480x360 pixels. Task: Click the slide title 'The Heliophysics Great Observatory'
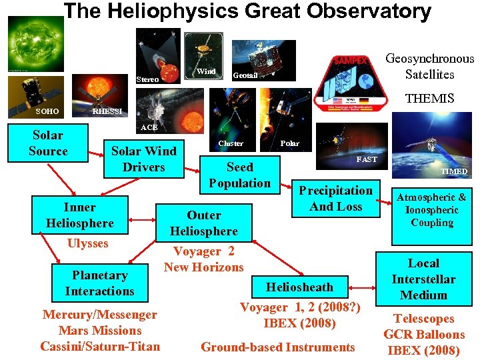(247, 11)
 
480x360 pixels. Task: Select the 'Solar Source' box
(48, 143)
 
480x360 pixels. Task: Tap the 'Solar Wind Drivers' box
(143, 159)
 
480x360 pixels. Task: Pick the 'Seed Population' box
(239, 175)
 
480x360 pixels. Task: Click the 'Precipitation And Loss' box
(335, 199)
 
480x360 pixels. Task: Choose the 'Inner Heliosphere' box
(79, 215)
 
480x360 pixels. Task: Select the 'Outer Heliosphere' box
(203, 223)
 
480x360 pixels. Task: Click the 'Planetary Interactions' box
(99, 283)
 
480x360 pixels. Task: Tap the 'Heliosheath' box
(299, 287)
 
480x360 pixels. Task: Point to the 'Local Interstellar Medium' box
(423, 279)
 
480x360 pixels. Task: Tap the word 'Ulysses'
(87, 243)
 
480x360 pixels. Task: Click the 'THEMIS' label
(430, 99)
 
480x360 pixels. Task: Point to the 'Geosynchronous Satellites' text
(430, 67)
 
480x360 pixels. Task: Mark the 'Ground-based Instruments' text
(278, 347)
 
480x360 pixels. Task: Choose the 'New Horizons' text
(203, 267)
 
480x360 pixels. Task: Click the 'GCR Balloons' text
(424, 335)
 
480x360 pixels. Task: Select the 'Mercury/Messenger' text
(99, 315)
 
